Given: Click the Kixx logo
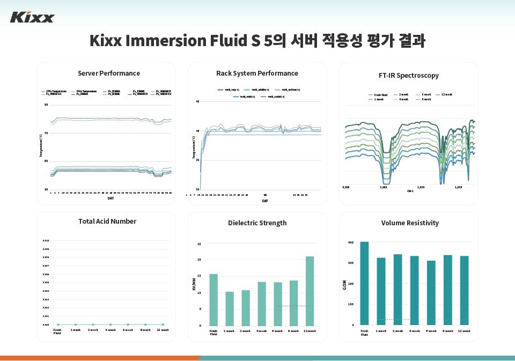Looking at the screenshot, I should (32, 18).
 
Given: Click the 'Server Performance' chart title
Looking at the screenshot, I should (109, 73).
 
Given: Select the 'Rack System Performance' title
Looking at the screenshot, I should (257, 73).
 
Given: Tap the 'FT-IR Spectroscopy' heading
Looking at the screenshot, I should (409, 75).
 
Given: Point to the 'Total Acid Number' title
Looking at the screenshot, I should (107, 221).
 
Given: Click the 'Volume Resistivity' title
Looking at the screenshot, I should (410, 223).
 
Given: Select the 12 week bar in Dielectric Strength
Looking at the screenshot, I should (310, 291).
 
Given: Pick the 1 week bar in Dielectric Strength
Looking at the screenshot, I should (230, 308).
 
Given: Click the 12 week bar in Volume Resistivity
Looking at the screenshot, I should (465, 290).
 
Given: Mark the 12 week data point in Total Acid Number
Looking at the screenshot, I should (163, 325).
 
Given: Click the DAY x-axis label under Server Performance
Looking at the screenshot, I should (111, 198).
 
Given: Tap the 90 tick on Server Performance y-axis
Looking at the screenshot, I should (46, 105).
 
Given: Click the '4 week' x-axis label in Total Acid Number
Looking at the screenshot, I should (110, 330).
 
